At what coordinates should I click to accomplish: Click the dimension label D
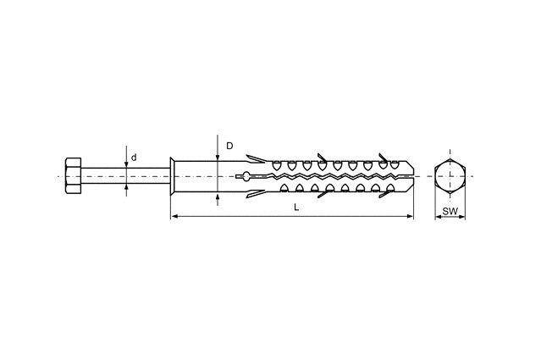coord(229,146)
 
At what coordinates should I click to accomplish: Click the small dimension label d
coord(134,158)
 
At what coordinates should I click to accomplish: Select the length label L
coord(296,207)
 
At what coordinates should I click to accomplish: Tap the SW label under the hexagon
coord(450,211)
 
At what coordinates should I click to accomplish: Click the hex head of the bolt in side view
coord(73,176)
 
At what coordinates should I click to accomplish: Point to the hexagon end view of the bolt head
coord(450,176)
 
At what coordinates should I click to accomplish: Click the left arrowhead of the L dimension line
coord(174,216)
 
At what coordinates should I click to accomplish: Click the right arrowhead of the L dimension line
coord(410,216)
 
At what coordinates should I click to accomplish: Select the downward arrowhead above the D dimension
coord(218,158)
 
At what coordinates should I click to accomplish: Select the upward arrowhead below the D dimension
coord(218,197)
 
